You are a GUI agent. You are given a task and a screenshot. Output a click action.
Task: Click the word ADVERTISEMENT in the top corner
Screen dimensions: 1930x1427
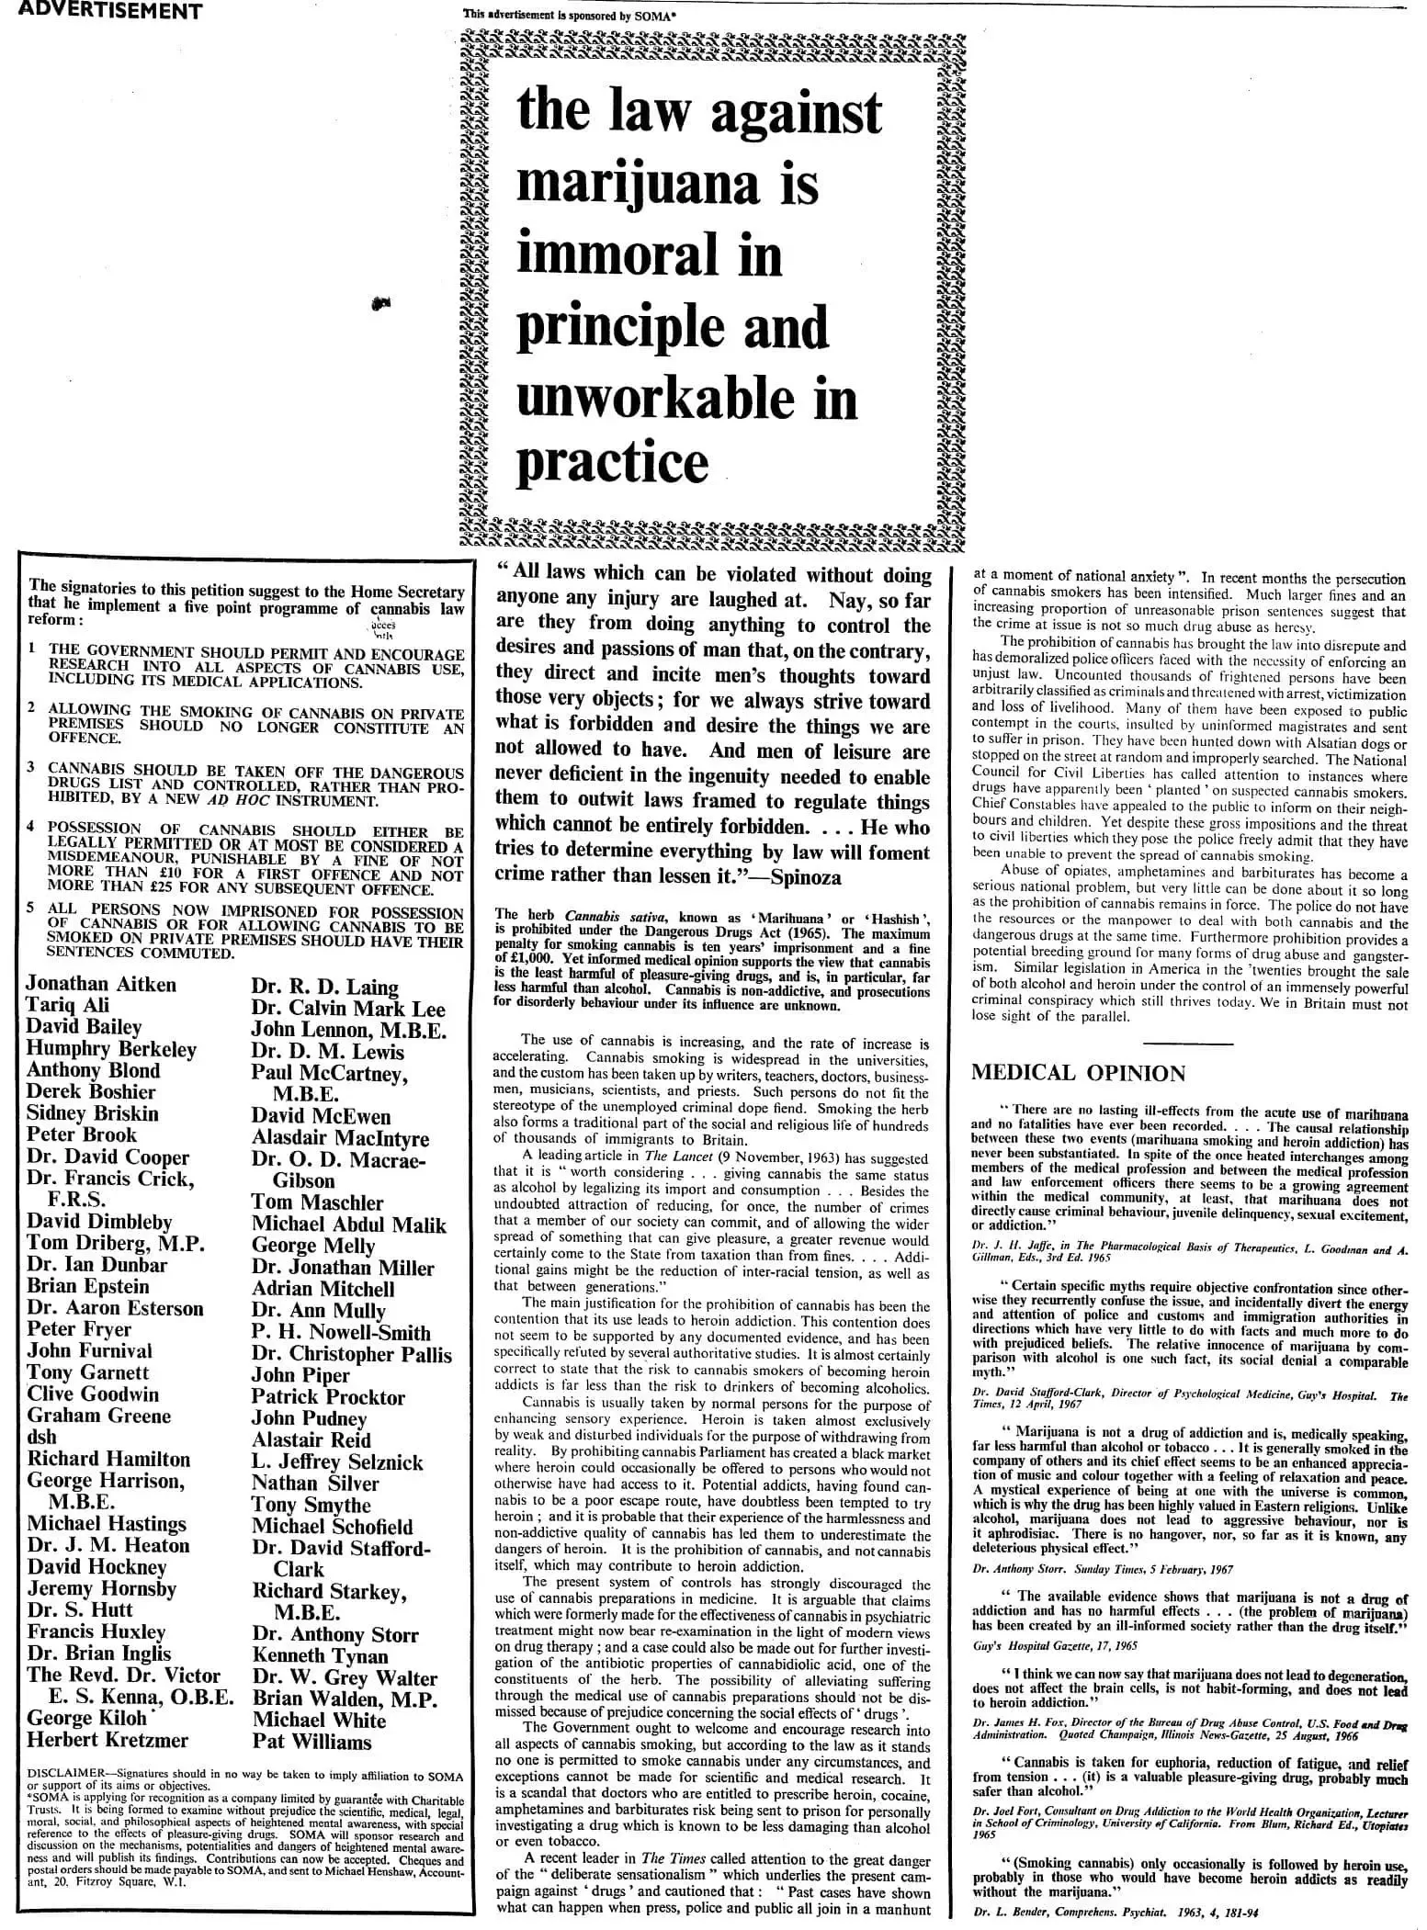point(102,12)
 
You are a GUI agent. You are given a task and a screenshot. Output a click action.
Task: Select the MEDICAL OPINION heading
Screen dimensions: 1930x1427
point(1078,1073)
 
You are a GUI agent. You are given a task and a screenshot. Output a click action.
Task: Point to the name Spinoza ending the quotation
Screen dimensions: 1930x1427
point(806,876)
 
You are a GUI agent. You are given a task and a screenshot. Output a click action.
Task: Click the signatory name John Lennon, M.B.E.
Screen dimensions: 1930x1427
point(348,1030)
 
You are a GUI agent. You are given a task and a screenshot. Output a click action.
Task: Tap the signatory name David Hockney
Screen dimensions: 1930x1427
point(96,1567)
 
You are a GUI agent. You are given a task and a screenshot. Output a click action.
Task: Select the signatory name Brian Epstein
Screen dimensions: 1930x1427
point(87,1286)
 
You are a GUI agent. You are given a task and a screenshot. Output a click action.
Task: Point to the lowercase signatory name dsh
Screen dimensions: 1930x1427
point(41,1438)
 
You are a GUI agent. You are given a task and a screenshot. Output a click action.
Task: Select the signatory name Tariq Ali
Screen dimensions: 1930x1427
point(68,1006)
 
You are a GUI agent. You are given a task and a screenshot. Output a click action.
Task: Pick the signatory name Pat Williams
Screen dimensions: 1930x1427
point(311,1743)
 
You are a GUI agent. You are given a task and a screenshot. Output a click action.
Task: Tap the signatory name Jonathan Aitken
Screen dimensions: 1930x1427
point(101,984)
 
